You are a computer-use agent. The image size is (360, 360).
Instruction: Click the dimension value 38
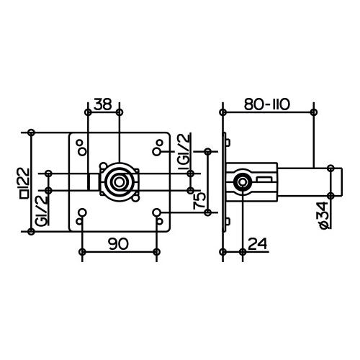(103, 104)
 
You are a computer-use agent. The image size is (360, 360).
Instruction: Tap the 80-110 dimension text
(267, 104)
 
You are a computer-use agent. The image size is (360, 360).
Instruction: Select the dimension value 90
(118, 244)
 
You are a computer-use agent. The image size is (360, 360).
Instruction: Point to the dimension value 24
(257, 244)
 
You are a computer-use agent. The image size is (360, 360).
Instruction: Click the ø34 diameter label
(327, 215)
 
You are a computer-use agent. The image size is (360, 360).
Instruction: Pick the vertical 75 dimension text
(199, 201)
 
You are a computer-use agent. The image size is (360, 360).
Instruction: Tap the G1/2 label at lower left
(41, 210)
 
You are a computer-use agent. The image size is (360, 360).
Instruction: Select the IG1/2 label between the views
(184, 152)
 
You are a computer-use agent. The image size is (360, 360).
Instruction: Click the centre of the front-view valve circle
(119, 181)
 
